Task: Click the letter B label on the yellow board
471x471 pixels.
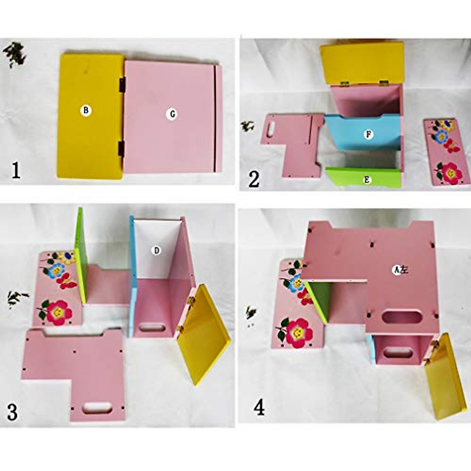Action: coord(86,110)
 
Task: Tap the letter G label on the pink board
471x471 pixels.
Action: coord(172,114)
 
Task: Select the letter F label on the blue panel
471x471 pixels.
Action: coord(368,135)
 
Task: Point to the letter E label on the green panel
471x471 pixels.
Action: coord(366,180)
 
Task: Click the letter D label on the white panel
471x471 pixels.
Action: coord(156,250)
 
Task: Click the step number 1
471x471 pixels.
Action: coord(16,171)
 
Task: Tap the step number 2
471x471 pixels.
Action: coord(254,179)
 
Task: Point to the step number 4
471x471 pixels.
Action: coord(259,407)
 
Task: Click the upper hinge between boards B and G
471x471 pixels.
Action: coord(122,84)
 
